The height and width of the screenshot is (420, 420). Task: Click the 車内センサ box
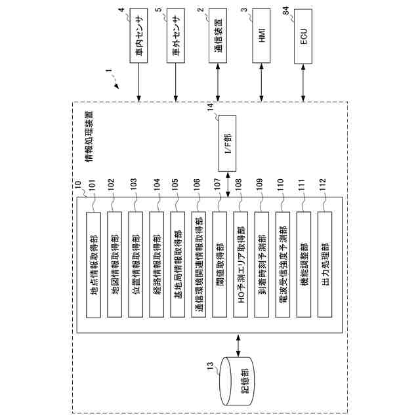pyautogui.click(x=139, y=40)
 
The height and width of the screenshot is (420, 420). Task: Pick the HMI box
pyautogui.click(x=261, y=40)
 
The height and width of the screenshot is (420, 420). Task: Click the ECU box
pyautogui.click(x=303, y=40)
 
